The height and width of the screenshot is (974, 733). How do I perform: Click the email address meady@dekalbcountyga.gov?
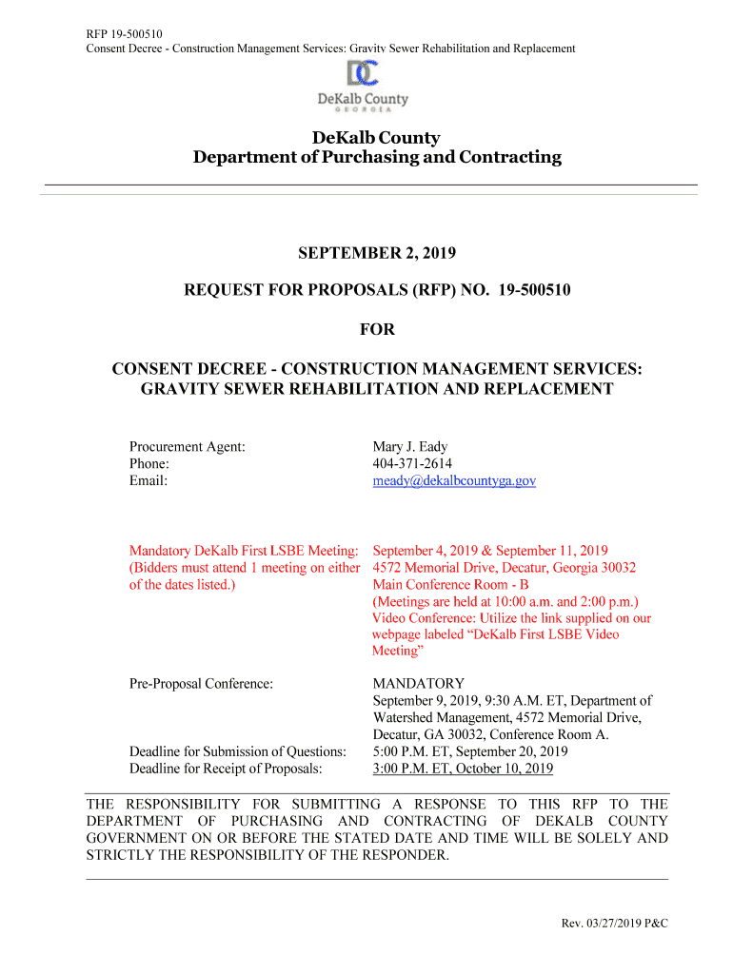tap(454, 481)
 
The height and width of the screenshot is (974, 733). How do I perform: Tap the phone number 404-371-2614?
tap(412, 464)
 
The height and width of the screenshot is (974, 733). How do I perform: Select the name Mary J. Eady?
tap(410, 447)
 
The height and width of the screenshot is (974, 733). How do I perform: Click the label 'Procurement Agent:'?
tap(187, 447)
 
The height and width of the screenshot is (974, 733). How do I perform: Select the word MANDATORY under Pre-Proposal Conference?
tap(418, 684)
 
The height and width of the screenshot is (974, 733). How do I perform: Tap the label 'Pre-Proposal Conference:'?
tap(201, 684)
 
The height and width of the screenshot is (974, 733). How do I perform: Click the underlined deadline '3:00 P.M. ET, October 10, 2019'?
tap(463, 769)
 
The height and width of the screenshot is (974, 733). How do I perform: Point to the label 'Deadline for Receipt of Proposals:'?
tap(226, 769)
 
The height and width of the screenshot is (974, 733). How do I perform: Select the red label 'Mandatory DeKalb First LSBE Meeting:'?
tap(244, 551)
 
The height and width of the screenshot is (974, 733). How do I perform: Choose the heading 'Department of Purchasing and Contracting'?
tap(377, 157)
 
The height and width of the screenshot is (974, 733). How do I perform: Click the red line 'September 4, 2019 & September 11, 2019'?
tap(490, 551)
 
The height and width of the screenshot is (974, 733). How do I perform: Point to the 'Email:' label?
tap(149, 481)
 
